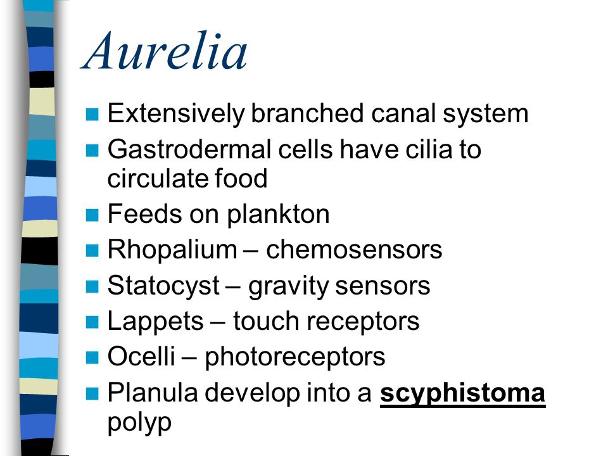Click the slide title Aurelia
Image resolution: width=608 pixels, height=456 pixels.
[x=165, y=51]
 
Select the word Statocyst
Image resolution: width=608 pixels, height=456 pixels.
[x=163, y=286]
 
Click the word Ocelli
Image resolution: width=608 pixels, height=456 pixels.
[x=141, y=356]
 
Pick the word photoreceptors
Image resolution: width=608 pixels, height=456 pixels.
[x=294, y=358]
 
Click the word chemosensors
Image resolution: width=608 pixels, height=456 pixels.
[x=354, y=250]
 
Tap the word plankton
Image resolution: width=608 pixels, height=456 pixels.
[x=278, y=215]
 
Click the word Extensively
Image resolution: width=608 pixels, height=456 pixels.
[x=176, y=115]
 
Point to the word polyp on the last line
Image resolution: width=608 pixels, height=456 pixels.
[x=139, y=424]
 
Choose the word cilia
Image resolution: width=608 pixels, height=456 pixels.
[x=429, y=149]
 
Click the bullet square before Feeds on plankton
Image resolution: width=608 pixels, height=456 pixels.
[x=92, y=215]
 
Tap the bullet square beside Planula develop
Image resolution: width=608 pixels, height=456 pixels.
[x=92, y=393]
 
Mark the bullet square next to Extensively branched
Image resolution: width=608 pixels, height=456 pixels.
[x=92, y=115]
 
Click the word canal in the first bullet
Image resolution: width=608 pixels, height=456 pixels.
[x=403, y=114]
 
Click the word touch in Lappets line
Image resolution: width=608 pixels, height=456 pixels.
[x=266, y=322]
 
